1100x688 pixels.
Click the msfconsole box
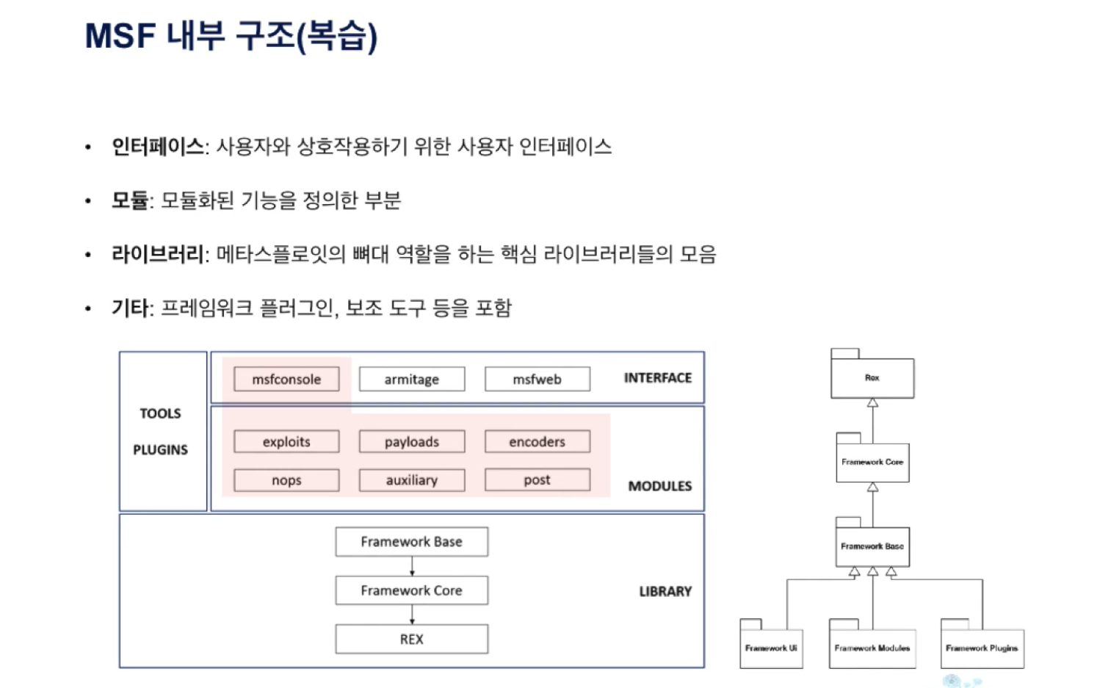tap(286, 379)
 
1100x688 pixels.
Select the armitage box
tap(411, 379)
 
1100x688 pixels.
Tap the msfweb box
tap(537, 379)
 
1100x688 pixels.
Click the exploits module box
tap(286, 441)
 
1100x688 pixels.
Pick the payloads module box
tap(411, 441)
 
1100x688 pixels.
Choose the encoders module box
tap(537, 441)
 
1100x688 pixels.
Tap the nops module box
tap(286, 480)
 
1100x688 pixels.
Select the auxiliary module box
tap(411, 480)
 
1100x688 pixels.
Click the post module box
tap(537, 480)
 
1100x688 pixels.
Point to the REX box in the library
tap(411, 639)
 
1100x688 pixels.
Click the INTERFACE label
tap(657, 377)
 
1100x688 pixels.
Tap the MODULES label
tap(659, 486)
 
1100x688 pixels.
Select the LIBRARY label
tap(665, 591)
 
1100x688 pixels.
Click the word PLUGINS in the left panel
tap(160, 449)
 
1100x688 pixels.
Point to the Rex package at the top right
tap(872, 377)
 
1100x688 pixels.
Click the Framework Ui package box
tap(770, 648)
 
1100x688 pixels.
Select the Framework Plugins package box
tap(982, 648)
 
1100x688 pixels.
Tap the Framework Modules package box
tap(872, 648)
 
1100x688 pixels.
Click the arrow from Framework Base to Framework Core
tap(412, 566)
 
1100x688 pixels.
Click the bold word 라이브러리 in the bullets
tap(157, 254)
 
